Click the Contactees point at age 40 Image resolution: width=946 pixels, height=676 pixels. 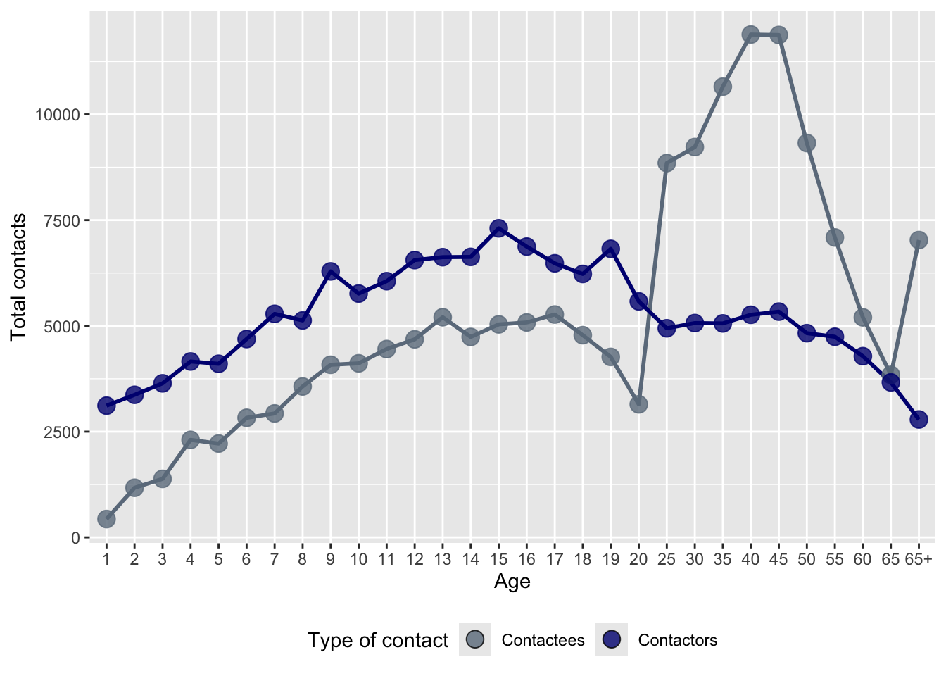(750, 35)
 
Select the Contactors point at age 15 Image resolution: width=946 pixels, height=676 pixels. (498, 228)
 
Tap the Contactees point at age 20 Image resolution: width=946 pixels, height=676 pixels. (638, 404)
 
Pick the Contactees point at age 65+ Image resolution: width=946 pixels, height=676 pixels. (919, 240)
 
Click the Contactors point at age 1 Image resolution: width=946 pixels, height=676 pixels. (106, 406)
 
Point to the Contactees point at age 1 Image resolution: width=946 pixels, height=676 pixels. (106, 519)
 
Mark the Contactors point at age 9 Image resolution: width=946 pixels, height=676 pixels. (331, 271)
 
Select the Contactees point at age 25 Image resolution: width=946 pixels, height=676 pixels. (667, 163)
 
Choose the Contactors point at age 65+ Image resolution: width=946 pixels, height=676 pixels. (919, 419)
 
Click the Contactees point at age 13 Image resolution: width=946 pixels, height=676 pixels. (443, 317)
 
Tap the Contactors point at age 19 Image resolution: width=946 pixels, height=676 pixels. (610, 249)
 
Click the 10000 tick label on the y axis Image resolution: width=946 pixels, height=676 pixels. (58, 115)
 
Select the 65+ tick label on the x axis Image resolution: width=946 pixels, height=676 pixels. (919, 560)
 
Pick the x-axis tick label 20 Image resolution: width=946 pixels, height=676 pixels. (638, 560)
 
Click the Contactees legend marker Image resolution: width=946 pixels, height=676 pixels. (475, 640)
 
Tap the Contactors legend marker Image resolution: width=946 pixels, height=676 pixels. (612, 640)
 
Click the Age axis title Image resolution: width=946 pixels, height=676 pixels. (512, 582)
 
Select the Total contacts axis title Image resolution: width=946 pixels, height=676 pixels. (19, 277)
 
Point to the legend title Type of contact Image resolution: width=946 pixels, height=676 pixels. (377, 640)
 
